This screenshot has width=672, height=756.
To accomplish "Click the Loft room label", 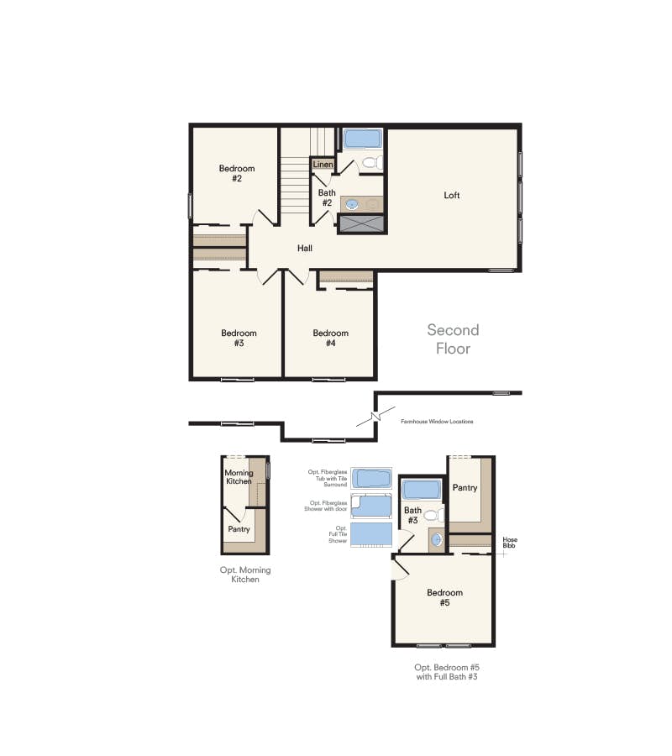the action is [452, 195].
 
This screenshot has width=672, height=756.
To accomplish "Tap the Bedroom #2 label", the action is [237, 173].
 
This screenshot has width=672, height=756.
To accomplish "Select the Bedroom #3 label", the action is [239, 338].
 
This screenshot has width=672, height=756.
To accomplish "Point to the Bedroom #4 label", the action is [331, 338].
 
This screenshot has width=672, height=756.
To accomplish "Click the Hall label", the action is [305, 249].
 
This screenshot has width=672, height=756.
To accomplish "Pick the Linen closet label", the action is [323, 165].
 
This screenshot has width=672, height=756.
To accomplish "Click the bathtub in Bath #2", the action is [363, 139].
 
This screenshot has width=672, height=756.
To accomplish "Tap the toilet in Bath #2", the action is [372, 162].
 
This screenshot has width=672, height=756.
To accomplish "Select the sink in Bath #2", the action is [353, 204].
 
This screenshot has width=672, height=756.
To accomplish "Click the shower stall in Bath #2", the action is [362, 224].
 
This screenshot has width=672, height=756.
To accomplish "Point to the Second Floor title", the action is [453, 339].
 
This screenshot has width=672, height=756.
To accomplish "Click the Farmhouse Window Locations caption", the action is [437, 422].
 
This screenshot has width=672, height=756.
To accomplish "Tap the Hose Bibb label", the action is [510, 543].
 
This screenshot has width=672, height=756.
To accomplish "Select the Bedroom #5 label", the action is [445, 597].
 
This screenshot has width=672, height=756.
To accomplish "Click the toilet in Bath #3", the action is [433, 516].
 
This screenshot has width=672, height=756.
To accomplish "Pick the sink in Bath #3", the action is [436, 539].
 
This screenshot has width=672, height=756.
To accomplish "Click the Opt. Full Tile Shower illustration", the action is [371, 535].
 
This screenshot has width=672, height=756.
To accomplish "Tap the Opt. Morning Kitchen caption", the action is [245, 575].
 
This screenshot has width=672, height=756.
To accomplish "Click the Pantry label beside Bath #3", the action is [465, 488].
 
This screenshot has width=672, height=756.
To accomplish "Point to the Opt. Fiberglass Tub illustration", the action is [371, 478].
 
